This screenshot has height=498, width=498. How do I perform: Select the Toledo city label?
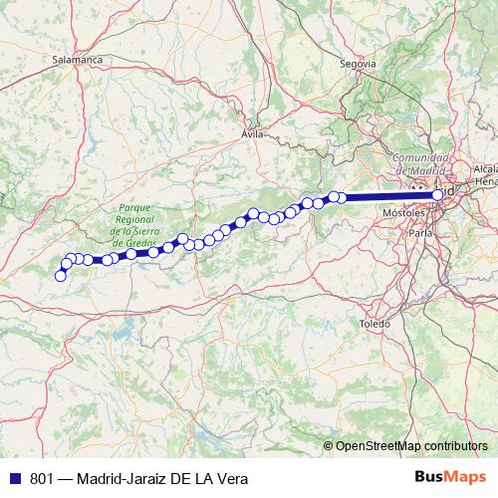(374, 325)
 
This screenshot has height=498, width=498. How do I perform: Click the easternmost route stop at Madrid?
(437, 195)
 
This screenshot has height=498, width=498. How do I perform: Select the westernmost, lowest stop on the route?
(60, 276)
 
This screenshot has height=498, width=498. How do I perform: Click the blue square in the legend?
(12, 477)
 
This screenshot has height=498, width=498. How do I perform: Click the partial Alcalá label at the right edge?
(486, 169)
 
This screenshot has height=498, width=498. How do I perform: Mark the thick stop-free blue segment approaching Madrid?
(388, 197)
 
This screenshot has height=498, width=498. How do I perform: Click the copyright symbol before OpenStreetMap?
(329, 445)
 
